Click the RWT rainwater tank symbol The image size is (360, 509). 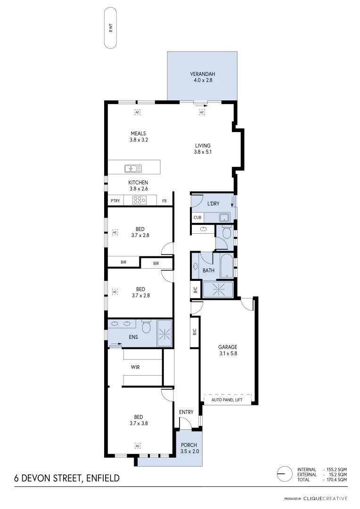[110, 28]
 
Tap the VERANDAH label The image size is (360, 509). [203, 74]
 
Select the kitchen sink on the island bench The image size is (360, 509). [133, 168]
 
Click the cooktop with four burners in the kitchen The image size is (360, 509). [139, 200]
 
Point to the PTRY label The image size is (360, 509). [115, 201]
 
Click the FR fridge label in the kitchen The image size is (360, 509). [164, 201]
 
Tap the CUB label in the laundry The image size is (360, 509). [197, 218]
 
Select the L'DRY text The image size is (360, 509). [214, 204]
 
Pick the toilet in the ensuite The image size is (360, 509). [146, 326]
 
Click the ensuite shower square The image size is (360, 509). [164, 333]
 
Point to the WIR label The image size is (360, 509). [135, 367]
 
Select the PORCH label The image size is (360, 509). [188, 445]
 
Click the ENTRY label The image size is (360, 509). [186, 412]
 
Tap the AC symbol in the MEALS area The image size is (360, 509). [138, 112]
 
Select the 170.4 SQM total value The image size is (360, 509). [336, 479]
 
